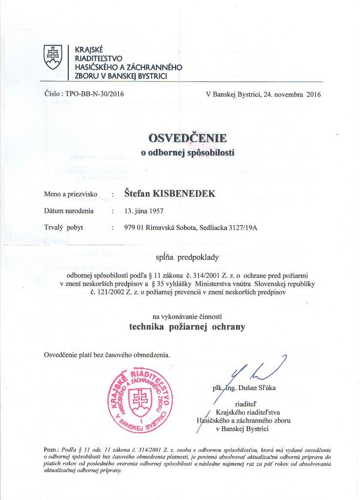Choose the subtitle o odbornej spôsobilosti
pos(188,152)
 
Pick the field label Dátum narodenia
pos(68,211)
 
